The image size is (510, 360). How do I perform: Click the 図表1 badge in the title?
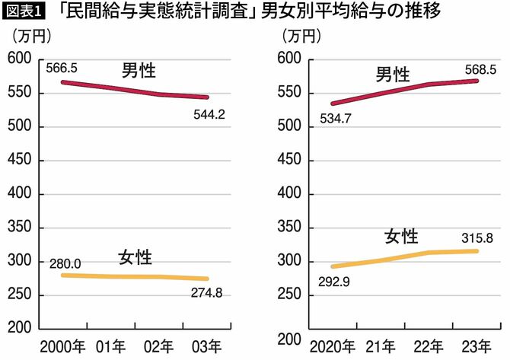point(23,12)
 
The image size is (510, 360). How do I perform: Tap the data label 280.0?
point(63,263)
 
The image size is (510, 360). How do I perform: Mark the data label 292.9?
point(332,282)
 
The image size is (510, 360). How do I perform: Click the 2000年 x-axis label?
point(63,346)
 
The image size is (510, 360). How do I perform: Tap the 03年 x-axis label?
point(207,346)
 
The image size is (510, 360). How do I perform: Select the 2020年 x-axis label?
point(332,346)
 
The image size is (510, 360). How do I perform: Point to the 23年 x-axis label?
point(477,346)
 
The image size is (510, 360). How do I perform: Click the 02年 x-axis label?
point(158,346)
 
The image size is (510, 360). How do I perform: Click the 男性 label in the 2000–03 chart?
point(139,72)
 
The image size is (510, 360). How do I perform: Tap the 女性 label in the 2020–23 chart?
point(402,236)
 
